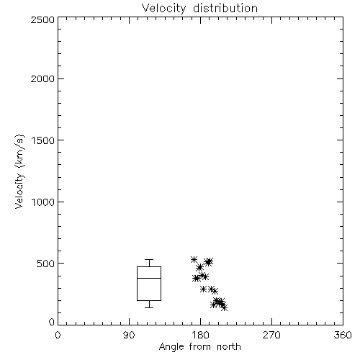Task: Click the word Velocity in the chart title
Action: pos(164,9)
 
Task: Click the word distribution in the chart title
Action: pos(225,8)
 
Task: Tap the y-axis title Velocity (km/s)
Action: pos(19,171)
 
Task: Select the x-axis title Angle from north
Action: pos(199,347)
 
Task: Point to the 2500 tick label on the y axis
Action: pos(42,19)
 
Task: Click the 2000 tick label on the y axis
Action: pos(42,78)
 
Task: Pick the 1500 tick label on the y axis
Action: pos(43,140)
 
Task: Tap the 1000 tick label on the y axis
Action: pos(43,202)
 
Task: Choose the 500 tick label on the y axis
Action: pos(46,264)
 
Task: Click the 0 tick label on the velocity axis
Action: pos(52,322)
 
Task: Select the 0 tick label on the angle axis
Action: pos(58,335)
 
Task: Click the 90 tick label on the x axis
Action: pos(129,335)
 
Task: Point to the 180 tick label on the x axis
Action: pos(200,335)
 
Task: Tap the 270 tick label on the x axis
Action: pos(271,335)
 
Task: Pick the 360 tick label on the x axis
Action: pos(343,335)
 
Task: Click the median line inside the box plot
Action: pos(149,278)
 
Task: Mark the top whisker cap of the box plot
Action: pos(149,259)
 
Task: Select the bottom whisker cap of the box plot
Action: pos(149,307)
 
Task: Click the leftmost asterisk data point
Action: pos(194,259)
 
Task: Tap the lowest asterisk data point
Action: pos(224,307)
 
